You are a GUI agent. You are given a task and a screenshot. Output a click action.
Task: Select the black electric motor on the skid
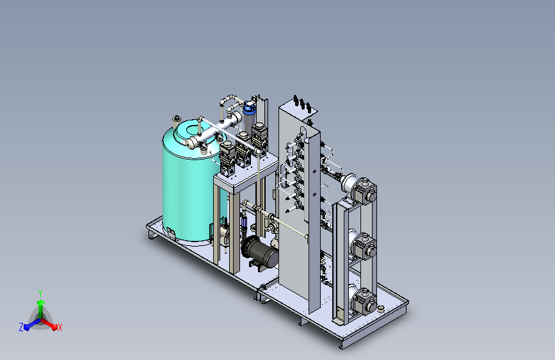(x=259, y=252)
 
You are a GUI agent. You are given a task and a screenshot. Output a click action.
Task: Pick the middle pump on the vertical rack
(x=362, y=245)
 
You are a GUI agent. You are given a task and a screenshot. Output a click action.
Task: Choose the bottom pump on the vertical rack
(x=363, y=300)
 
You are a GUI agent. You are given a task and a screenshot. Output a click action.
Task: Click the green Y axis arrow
(x=41, y=309)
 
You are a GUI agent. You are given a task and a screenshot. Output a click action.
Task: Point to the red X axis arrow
(x=49, y=324)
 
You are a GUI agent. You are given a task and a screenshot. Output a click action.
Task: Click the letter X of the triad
(x=60, y=327)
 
